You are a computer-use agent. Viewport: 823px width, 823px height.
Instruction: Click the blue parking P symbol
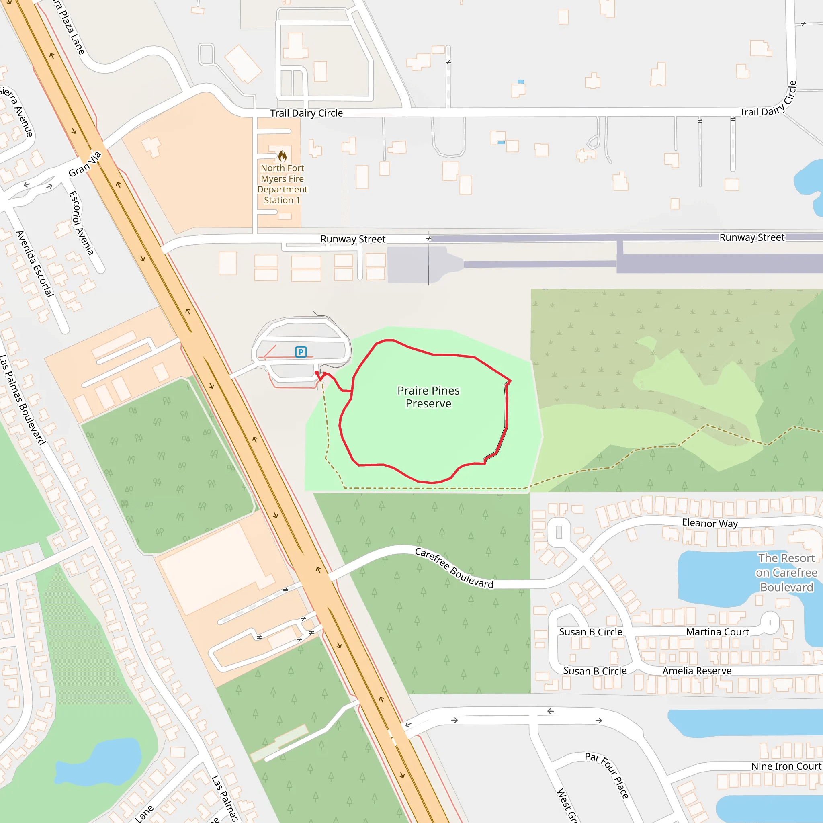(x=301, y=352)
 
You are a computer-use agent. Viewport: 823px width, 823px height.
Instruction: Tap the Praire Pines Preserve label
(x=428, y=397)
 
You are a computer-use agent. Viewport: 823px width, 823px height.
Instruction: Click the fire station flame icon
(x=283, y=156)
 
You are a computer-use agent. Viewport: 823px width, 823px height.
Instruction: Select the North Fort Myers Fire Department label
(x=282, y=184)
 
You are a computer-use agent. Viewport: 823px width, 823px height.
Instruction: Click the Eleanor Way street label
(x=710, y=523)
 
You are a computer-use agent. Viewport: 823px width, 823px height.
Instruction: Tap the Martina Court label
(x=717, y=632)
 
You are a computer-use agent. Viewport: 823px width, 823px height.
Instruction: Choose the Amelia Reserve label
(x=696, y=671)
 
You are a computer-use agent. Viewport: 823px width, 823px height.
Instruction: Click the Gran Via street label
(x=85, y=164)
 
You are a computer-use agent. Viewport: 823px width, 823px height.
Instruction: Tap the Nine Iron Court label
(x=786, y=766)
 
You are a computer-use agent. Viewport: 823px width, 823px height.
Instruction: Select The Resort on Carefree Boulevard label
(x=786, y=573)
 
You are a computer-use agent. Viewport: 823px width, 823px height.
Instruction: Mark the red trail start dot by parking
(x=317, y=373)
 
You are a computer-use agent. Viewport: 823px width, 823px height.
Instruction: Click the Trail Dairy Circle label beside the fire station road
(x=306, y=113)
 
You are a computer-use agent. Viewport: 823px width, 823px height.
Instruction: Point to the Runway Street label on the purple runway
(x=752, y=237)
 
